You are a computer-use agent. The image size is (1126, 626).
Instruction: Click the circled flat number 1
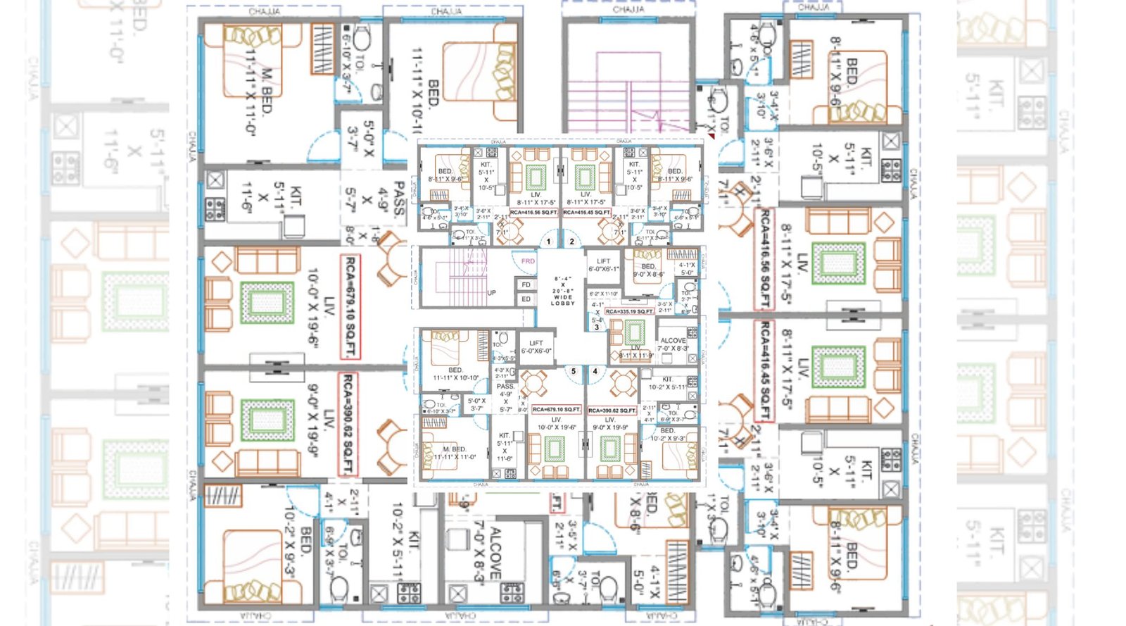(x=549, y=242)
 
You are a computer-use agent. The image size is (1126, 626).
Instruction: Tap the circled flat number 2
(x=571, y=242)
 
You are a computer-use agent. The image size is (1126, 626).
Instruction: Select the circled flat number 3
(x=597, y=327)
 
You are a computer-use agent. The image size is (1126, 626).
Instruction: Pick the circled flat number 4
(x=595, y=371)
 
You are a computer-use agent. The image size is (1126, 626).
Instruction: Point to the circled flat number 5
(x=574, y=371)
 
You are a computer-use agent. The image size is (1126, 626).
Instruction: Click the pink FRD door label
(x=528, y=261)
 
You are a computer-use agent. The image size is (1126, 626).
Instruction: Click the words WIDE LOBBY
(x=563, y=300)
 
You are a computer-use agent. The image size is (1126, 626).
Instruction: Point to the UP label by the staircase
(x=491, y=293)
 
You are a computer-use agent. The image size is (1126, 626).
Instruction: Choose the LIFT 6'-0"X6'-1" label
(x=603, y=265)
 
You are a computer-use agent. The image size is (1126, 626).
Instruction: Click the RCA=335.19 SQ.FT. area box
(x=629, y=311)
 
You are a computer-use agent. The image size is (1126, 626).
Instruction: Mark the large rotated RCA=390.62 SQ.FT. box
(x=348, y=425)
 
